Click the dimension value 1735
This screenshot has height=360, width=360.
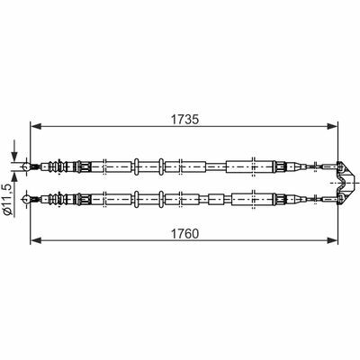(x=184, y=120)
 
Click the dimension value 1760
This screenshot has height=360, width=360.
(x=184, y=233)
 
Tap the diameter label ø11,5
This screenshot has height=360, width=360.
(x=8, y=199)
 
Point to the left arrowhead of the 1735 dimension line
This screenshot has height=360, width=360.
(x=36, y=127)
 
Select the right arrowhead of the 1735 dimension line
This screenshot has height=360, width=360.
(x=332, y=127)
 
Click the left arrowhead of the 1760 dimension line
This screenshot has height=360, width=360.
(x=36, y=240)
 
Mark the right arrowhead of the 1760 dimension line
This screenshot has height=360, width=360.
(x=332, y=240)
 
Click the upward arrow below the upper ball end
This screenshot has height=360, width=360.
(x=14, y=177)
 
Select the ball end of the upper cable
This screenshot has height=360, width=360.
(x=26, y=166)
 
